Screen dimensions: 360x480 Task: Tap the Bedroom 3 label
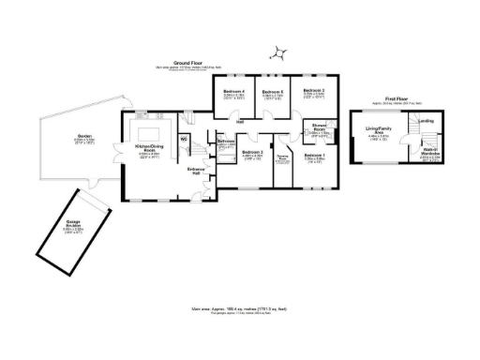coord(313,91)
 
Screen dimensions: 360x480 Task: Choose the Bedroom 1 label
coord(314,157)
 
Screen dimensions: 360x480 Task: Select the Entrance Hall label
coord(196,172)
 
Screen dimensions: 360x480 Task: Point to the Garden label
coord(84,140)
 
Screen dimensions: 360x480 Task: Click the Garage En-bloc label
coord(73,226)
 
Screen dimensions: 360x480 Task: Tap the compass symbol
coord(278,52)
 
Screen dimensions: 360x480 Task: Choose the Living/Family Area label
coord(378,134)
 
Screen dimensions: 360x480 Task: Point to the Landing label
coord(426,120)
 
